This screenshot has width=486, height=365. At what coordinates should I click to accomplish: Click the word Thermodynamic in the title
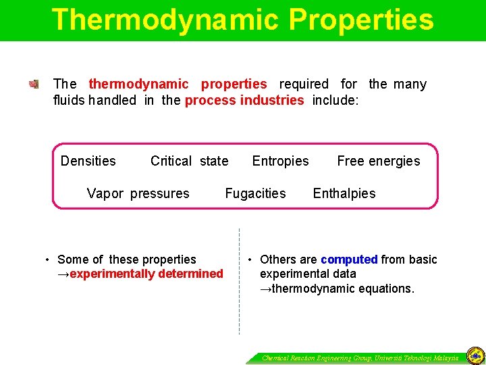coord(166,20)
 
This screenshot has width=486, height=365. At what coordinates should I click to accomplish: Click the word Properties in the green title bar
coord(361,20)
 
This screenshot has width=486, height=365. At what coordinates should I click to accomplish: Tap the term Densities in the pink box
coord(88,161)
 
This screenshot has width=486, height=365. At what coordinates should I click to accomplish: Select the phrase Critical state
coord(189,161)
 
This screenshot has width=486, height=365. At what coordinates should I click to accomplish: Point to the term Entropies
coord(280,161)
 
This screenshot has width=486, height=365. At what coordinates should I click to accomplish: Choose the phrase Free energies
coord(378,161)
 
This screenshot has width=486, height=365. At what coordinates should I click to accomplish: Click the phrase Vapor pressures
coord(138,193)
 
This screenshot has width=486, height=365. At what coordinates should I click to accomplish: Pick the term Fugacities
coord(255,193)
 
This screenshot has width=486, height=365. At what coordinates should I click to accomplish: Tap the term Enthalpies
coord(344,193)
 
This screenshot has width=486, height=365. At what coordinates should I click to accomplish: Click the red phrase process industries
coord(244,101)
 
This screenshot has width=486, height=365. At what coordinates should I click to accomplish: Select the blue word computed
coord(349,260)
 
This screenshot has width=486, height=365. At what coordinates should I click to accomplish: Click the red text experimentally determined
coord(146,274)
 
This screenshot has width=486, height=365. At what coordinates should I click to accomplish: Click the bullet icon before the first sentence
coord(34,84)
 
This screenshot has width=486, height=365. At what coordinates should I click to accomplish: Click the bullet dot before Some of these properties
coord(47,260)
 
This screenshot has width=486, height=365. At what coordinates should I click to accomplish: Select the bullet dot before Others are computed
coord(250,260)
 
